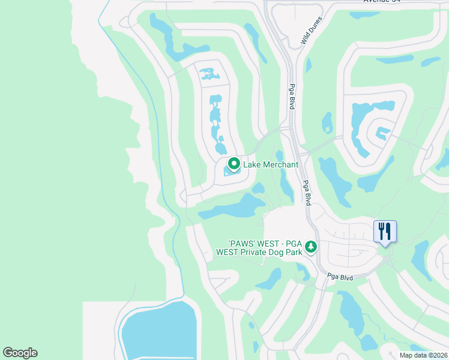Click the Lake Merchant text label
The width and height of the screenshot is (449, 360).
point(271,164)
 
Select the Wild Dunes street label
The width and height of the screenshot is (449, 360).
point(312,32)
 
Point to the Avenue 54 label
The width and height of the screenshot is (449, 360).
point(384,1)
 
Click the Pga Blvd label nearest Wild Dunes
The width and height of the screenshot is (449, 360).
point(292,96)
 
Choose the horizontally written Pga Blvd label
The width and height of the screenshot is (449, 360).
point(340,277)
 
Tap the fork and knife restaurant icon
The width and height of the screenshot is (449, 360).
point(385,230)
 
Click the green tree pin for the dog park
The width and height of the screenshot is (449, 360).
point(311,246)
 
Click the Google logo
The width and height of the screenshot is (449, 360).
point(20,353)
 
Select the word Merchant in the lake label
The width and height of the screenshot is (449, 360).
point(280,164)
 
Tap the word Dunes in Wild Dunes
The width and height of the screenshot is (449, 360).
point(316,26)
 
